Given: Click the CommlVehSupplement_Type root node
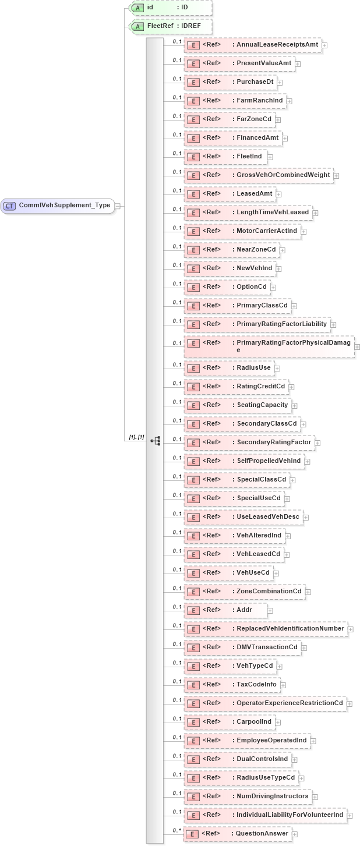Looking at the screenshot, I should pos(58,206).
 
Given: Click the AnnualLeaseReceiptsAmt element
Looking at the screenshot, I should pos(253,45).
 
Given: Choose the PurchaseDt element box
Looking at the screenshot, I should pos(230,82).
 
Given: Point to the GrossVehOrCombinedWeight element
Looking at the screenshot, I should pos(259,175).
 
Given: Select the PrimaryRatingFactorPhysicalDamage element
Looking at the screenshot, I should pos(269,346).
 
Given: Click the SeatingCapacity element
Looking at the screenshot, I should pos(237,405).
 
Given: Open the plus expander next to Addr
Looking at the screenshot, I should pos(270,611).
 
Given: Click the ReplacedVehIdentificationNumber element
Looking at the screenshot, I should pos(265,629).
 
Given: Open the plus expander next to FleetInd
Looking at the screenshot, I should pos(270,157).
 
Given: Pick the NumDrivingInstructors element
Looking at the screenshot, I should pos(246,797).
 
